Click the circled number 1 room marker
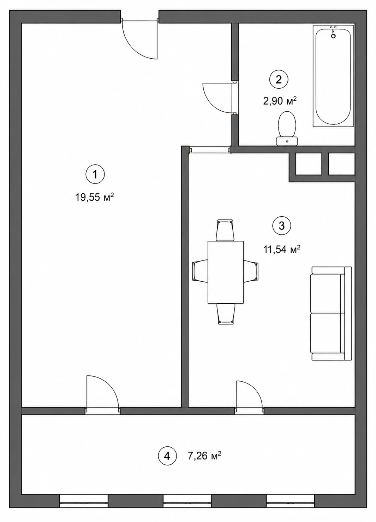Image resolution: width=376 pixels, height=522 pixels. [x=95, y=174]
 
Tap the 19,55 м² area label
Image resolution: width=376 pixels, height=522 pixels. [x=94, y=198]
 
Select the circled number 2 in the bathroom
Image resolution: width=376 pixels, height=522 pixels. [x=279, y=80]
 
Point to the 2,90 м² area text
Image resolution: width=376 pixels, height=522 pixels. [x=280, y=101]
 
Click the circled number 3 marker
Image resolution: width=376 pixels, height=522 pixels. [x=282, y=225]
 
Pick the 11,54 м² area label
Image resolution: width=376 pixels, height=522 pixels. [x=282, y=250]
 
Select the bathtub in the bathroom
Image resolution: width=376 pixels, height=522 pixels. [x=333, y=76]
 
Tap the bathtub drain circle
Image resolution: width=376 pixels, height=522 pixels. [x=333, y=36]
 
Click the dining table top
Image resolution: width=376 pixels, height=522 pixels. [x=226, y=272]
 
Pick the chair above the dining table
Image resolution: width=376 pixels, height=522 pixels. [x=225, y=230]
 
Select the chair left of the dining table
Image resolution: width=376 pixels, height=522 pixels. [x=200, y=271]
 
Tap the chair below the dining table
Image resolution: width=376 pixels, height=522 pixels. [x=226, y=314]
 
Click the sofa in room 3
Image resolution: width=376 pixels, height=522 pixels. [x=331, y=313]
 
